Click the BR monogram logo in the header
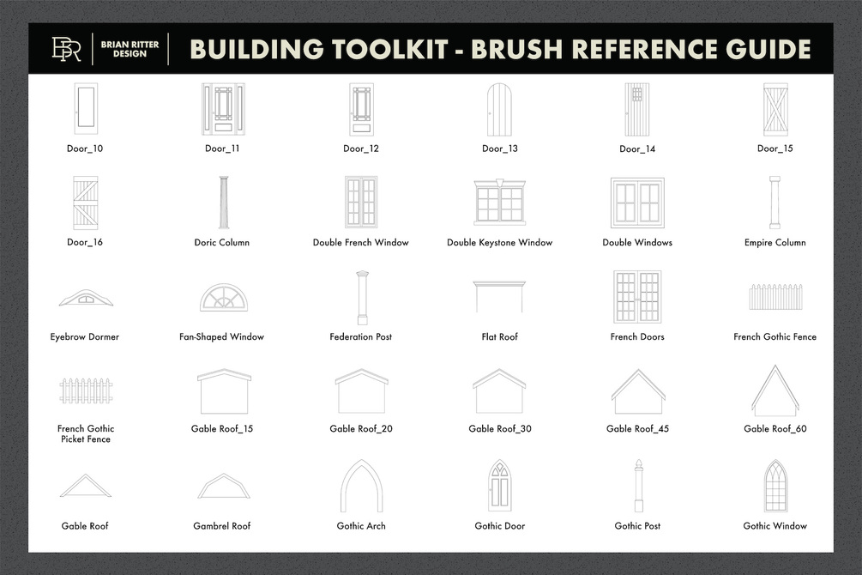tap(66, 49)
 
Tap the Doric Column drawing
tap(223, 203)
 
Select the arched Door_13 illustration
tap(499, 110)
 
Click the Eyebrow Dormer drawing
tap(86, 298)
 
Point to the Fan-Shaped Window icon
tap(224, 298)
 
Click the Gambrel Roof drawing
tap(224, 485)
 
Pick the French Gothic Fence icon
tap(775, 297)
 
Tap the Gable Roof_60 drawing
tap(775, 390)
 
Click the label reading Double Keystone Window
tap(499, 243)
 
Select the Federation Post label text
tap(360, 336)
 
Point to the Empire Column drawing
tap(775, 203)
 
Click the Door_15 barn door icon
tap(775, 110)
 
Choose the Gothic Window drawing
tap(775, 486)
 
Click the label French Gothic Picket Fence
tap(86, 433)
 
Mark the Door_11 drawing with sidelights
tap(223, 110)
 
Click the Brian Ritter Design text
tap(130, 49)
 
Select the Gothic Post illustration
tap(638, 486)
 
